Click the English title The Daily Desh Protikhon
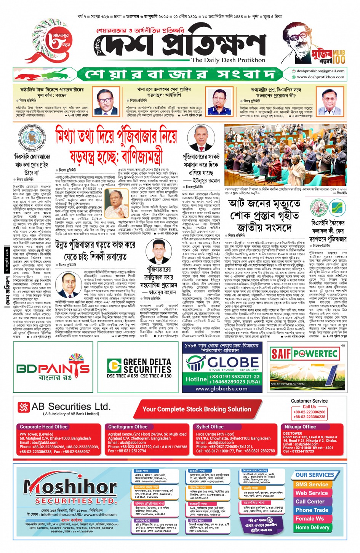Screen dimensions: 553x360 tap(228, 60)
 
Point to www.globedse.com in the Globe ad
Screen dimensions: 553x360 tap(221, 388)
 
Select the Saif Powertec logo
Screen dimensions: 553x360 tap(304, 354)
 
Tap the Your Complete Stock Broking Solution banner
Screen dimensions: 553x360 tap(197, 409)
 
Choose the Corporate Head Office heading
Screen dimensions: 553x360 tap(44, 427)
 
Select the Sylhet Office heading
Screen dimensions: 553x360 tap(210, 427)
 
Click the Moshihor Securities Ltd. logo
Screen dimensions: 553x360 tap(70, 489)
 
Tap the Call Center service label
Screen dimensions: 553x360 tap(310, 502)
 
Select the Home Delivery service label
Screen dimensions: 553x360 tap(312, 527)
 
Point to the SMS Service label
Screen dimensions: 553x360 tap(312, 484)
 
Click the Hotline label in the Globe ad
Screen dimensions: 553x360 tap(196, 379)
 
